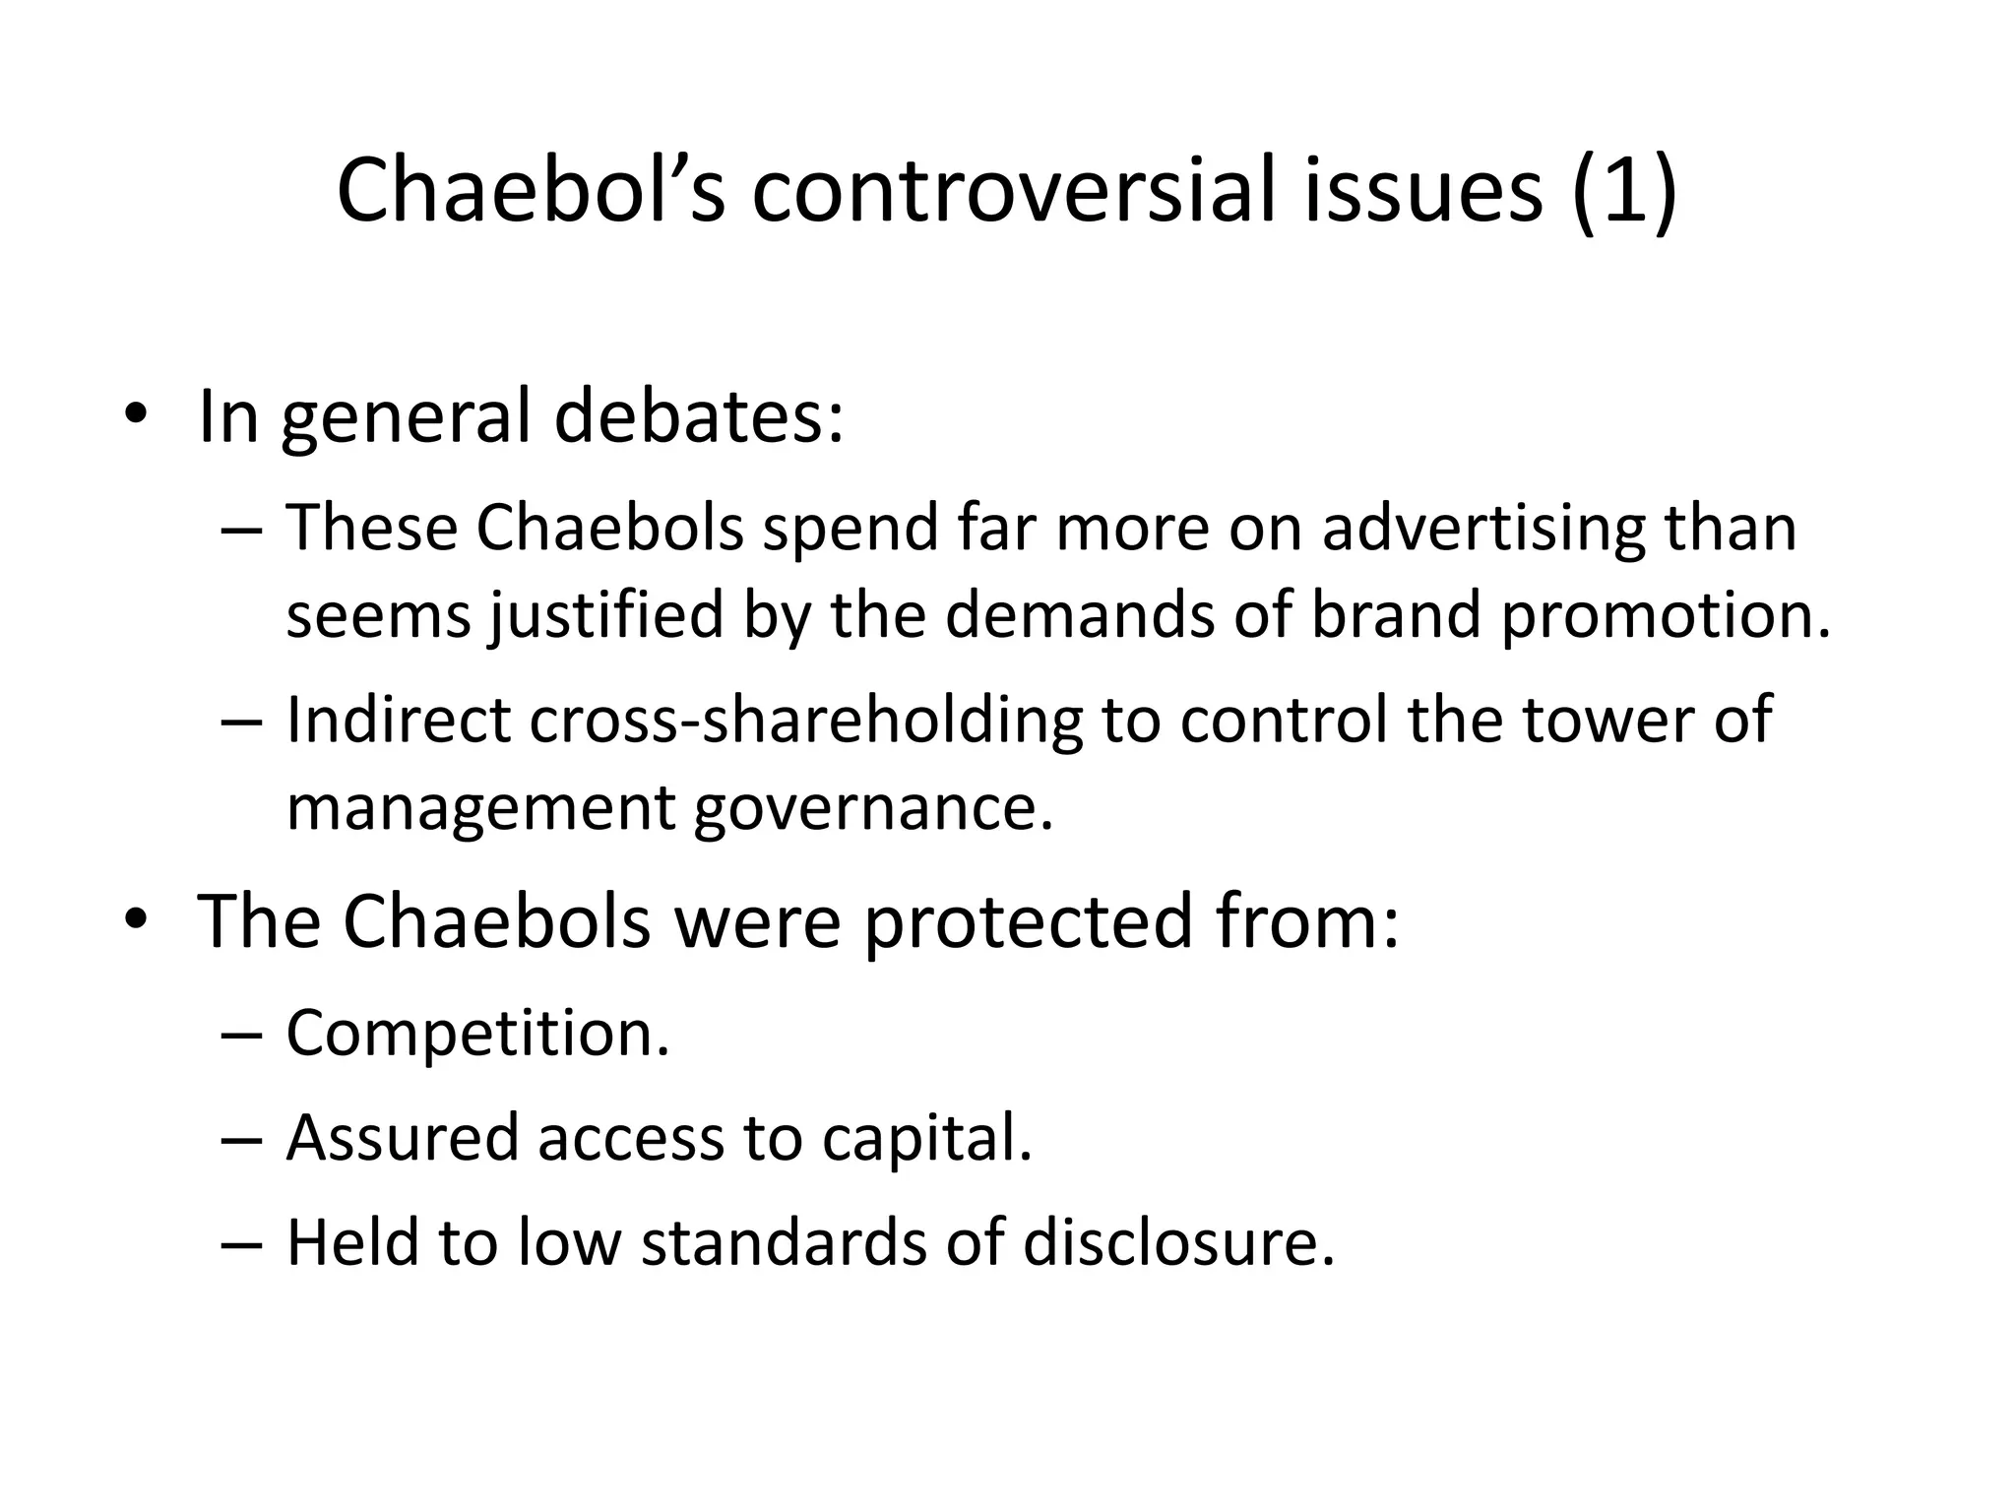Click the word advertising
(1483, 529)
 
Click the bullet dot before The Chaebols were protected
(136, 919)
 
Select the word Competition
(477, 1034)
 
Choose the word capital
(926, 1139)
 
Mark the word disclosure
(1178, 1242)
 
